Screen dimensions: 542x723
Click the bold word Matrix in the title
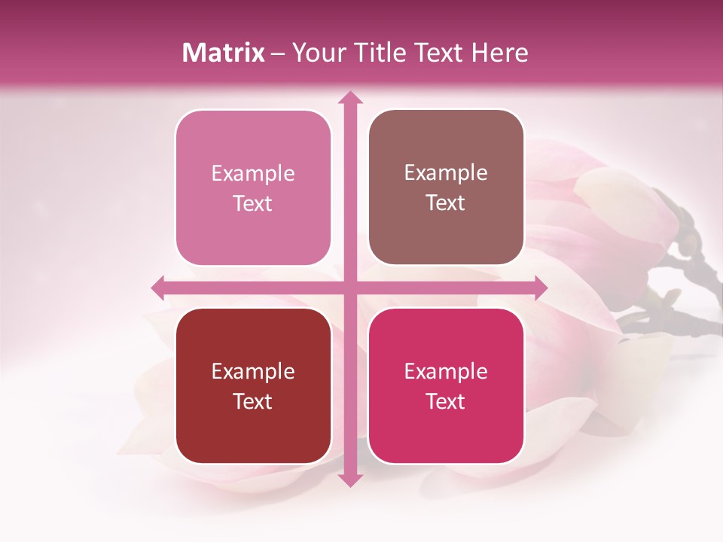pyautogui.click(x=224, y=53)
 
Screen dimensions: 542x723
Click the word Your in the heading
pyautogui.click(x=318, y=53)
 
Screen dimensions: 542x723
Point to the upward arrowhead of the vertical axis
pyautogui.click(x=349, y=98)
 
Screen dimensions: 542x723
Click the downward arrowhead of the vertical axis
pyautogui.click(x=349, y=480)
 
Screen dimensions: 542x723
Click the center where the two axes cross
pyautogui.click(x=349, y=288)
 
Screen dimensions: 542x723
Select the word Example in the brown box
pyautogui.click(x=446, y=172)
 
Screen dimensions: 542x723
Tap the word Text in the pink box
pyautogui.click(x=253, y=203)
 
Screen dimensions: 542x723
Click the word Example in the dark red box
pyautogui.click(x=253, y=371)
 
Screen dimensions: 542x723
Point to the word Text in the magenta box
pyautogui.click(x=446, y=401)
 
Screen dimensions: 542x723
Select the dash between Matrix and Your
pyautogui.click(x=278, y=53)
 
